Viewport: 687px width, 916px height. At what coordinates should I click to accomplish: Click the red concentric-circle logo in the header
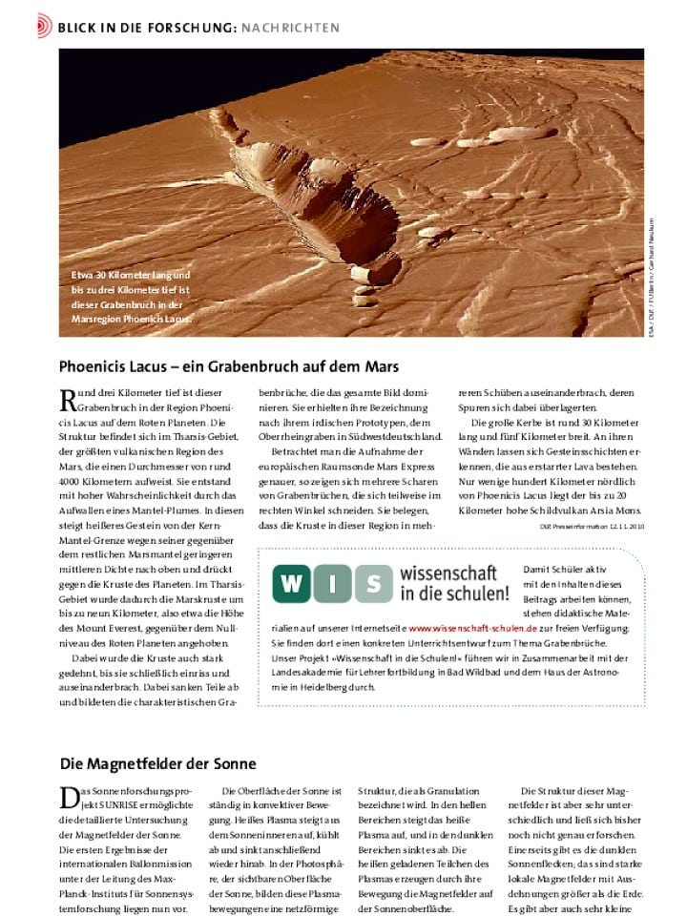pyautogui.click(x=44, y=27)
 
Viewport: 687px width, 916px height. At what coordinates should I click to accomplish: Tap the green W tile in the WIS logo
pyautogui.click(x=292, y=584)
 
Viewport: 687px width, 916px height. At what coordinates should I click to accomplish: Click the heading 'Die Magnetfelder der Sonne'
pyautogui.click(x=157, y=764)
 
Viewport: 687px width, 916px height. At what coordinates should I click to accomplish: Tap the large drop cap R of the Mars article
pyautogui.click(x=68, y=401)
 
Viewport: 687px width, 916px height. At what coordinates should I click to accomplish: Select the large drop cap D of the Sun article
pyautogui.click(x=68, y=799)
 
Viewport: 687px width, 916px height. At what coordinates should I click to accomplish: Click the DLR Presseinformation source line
pyautogui.click(x=592, y=526)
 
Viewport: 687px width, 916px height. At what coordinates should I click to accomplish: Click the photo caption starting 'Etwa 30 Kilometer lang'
pyautogui.click(x=133, y=297)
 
